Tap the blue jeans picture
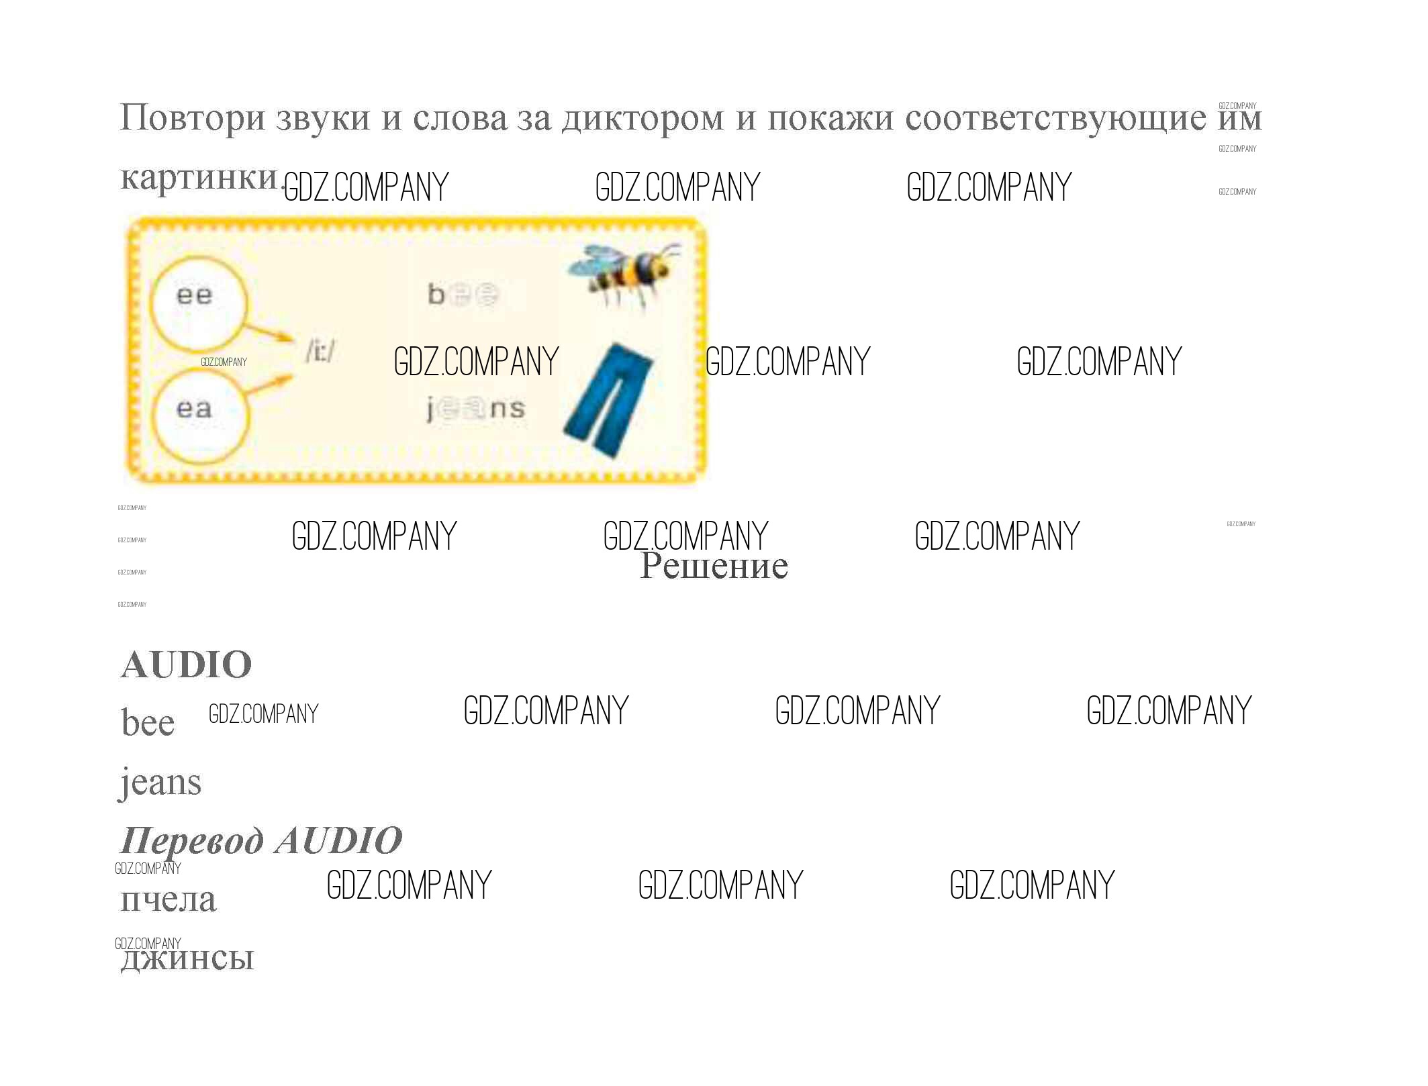tap(608, 400)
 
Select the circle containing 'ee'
tap(197, 301)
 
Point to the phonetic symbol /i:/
tap(321, 350)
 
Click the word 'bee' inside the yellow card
tap(463, 294)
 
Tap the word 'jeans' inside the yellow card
tap(476, 409)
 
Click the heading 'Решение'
tap(714, 566)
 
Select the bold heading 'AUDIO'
tap(186, 664)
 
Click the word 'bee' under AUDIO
tap(148, 723)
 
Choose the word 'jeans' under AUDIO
tap(160, 783)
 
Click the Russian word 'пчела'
tap(168, 899)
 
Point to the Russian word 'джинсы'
tap(187, 958)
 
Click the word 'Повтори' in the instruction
tap(192, 118)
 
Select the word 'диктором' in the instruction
tap(642, 118)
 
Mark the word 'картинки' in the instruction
tap(199, 177)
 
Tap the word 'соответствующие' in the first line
tap(1055, 118)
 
